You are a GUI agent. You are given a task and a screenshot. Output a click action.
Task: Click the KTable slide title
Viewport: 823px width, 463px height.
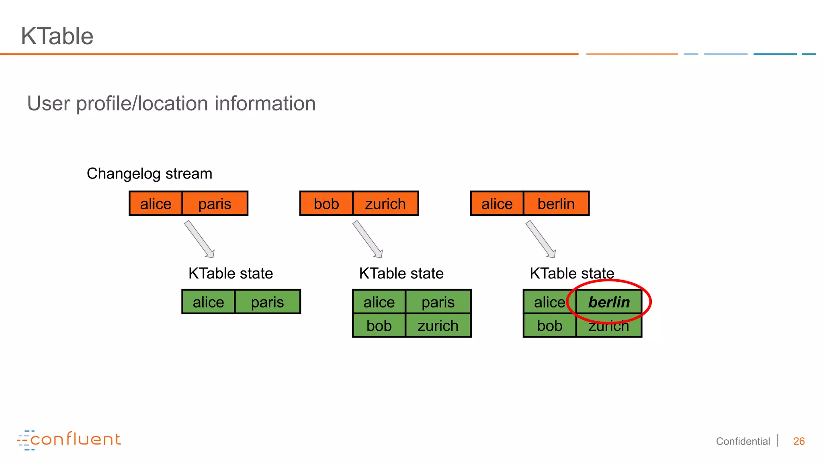(57, 36)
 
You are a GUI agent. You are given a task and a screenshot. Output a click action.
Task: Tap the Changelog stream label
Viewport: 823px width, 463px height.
(149, 174)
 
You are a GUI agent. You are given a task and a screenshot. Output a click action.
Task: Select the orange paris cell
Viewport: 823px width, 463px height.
(215, 204)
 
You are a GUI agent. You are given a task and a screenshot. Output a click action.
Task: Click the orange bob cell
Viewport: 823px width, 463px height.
(326, 204)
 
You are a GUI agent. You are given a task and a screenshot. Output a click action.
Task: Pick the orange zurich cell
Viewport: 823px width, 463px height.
(385, 204)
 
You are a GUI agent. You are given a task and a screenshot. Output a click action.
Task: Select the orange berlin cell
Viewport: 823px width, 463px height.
(556, 204)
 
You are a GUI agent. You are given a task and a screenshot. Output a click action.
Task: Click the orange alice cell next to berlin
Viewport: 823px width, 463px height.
(497, 204)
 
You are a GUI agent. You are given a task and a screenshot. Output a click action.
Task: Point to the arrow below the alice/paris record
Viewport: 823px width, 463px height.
(199, 239)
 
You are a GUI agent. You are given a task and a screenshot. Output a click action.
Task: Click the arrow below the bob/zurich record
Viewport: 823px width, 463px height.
(368, 239)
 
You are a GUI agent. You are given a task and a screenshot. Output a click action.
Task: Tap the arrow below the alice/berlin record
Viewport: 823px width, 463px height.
(541, 239)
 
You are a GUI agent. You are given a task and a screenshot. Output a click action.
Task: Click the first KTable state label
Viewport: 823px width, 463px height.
(231, 274)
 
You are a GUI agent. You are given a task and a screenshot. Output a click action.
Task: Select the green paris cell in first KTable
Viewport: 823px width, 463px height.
(267, 302)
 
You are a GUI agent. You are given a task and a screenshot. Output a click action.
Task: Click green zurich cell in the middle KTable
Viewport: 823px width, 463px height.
(438, 326)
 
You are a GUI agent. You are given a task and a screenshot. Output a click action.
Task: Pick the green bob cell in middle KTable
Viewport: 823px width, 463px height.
(379, 326)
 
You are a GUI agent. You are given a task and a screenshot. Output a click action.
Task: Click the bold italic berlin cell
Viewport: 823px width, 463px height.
(609, 302)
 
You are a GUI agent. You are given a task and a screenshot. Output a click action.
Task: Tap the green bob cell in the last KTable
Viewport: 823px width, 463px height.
(549, 326)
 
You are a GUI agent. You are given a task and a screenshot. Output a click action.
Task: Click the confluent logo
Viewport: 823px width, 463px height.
(69, 440)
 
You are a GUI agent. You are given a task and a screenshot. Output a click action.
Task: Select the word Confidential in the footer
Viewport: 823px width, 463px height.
(743, 441)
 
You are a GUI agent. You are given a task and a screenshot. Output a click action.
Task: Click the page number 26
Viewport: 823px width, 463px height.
(799, 441)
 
